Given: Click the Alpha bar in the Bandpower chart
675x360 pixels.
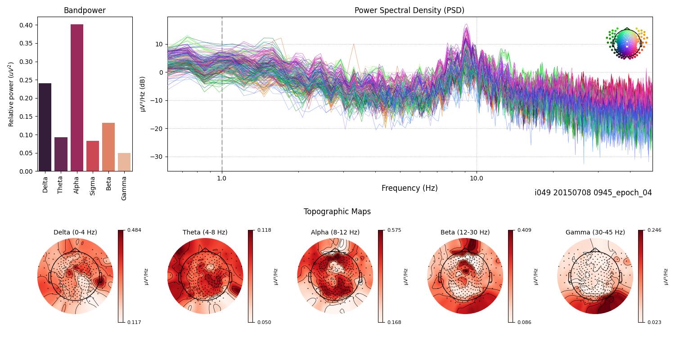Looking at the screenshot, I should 77,98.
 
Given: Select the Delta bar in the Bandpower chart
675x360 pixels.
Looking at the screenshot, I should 45,127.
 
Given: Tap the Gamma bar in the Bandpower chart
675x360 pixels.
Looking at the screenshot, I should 124,162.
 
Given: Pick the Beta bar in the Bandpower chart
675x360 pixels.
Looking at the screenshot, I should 108,147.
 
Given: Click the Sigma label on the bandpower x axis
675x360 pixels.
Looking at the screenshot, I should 93,185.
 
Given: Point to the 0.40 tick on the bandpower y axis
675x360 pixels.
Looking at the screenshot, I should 26,25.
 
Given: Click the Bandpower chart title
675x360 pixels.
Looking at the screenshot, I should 85,10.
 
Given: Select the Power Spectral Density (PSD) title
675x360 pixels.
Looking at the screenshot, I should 409,10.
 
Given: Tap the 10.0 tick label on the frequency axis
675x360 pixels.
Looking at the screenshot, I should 477,178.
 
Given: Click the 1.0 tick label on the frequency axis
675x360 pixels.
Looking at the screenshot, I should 222,178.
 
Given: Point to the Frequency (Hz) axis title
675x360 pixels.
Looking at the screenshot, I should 409,188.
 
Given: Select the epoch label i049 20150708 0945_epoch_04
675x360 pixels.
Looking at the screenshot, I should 593,193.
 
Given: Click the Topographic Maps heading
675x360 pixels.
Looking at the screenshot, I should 337,211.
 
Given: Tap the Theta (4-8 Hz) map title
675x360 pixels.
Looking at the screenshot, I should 205,232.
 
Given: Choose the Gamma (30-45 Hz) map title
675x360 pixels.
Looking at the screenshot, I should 595,232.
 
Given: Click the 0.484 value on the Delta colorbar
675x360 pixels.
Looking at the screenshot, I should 135,230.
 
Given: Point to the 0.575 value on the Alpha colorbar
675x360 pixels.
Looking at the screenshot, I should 395,230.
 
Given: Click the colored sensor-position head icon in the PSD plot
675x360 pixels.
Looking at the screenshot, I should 626,43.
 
